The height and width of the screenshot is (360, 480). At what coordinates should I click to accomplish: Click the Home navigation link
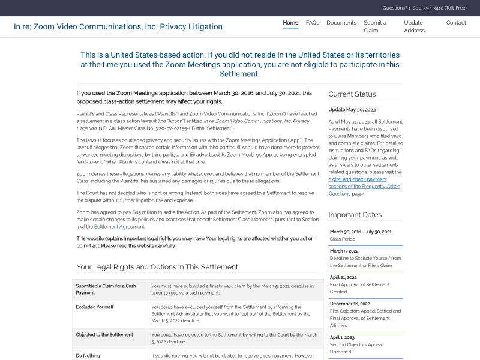(290, 23)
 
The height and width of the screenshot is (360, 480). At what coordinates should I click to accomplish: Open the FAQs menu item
(312, 23)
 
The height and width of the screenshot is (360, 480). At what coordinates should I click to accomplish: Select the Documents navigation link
(341, 23)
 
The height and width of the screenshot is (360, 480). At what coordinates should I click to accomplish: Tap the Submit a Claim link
(374, 26)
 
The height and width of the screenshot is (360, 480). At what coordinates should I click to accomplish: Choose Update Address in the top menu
(414, 26)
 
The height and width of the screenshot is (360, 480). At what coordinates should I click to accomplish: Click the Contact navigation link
(456, 23)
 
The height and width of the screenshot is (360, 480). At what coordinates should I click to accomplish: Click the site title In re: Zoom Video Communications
(118, 27)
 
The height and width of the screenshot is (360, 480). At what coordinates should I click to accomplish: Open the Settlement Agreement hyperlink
(119, 227)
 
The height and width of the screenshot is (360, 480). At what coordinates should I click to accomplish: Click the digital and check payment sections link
(358, 179)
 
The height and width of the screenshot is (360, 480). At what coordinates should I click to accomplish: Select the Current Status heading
(352, 94)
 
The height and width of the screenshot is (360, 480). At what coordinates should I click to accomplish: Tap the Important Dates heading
(355, 215)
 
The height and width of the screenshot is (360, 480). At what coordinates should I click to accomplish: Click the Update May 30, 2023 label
(352, 110)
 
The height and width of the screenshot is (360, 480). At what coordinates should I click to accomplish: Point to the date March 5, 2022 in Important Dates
(344, 251)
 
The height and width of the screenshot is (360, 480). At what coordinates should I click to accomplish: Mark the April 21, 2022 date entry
(343, 277)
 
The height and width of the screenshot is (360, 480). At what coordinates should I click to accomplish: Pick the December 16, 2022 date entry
(350, 304)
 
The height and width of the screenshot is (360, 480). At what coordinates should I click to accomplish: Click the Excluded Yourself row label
(95, 307)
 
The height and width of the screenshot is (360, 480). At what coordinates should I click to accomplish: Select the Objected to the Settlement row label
(104, 335)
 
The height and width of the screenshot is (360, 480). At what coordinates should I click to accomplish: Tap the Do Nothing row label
(88, 356)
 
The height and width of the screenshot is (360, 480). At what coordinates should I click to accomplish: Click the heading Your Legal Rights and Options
(157, 267)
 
